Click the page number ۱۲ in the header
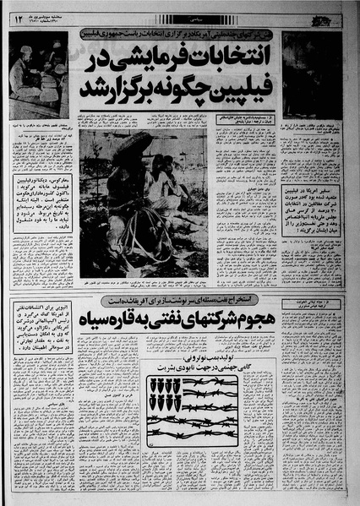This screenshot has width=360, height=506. click(x=17, y=15)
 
